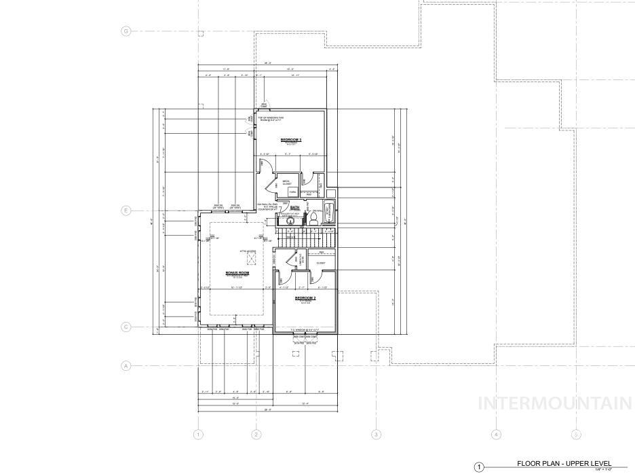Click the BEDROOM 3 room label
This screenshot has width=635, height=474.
pos(290,140)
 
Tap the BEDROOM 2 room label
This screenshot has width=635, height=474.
pos(305,298)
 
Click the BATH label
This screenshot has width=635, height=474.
pos(294,208)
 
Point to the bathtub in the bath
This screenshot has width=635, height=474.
pos(329,212)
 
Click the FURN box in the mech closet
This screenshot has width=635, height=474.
pos(292,192)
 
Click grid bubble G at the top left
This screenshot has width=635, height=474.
pos(126,31)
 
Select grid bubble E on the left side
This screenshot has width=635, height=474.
pos(126,211)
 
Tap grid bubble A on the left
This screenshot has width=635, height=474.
pos(126,365)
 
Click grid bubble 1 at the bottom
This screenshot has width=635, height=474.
pos(198,435)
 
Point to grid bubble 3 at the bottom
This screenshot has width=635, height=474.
pos(376,435)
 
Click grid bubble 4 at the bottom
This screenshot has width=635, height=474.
pos(496,435)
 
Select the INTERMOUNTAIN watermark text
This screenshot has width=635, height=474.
pos(556,403)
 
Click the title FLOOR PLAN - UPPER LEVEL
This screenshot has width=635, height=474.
pos(564,463)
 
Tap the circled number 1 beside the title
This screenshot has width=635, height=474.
pos(479,467)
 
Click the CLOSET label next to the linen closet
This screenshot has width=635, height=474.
pos(321,263)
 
